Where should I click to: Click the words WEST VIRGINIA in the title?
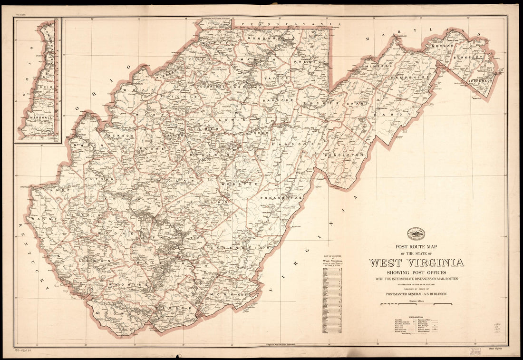coord(416,263)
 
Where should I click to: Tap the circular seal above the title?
coord(416,234)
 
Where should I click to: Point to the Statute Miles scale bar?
coord(416,303)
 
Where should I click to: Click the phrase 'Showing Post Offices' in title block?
coord(416,272)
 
